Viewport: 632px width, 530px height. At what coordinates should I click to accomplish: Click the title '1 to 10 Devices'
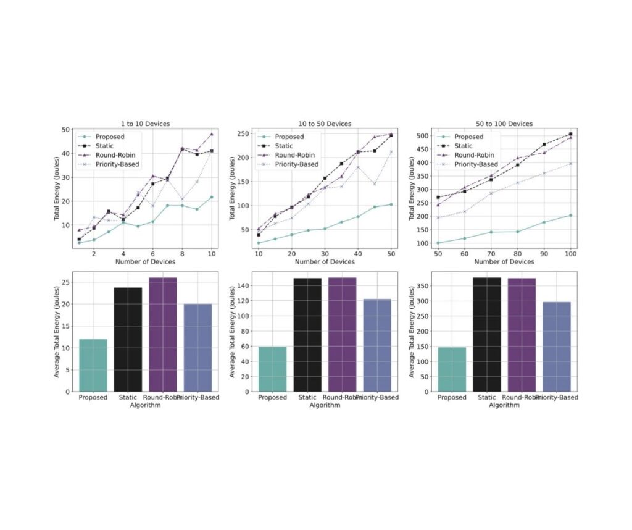[x=144, y=124]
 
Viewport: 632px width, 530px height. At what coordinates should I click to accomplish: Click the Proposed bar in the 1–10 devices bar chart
[x=93, y=365]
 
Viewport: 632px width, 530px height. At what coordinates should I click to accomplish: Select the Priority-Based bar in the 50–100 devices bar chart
[x=557, y=347]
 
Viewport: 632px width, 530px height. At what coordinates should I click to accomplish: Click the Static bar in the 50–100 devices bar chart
[x=486, y=334]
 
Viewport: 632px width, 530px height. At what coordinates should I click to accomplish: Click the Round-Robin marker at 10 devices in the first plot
[x=211, y=134]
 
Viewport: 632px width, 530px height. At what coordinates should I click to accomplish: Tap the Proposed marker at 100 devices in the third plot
[x=571, y=215]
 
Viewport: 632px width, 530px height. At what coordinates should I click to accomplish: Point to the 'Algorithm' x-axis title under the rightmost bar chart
[x=504, y=405]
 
